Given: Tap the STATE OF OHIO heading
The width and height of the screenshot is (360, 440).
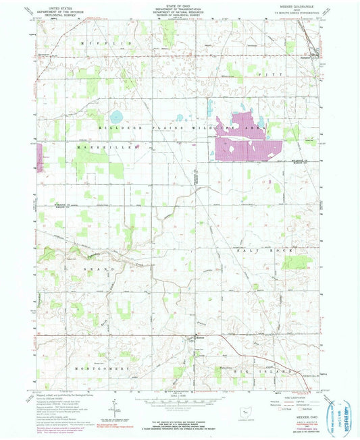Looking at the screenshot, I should [x=180, y=5].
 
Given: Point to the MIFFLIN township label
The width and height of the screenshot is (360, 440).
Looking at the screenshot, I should [x=105, y=43].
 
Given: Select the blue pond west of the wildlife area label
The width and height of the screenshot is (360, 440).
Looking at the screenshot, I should [x=116, y=115].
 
